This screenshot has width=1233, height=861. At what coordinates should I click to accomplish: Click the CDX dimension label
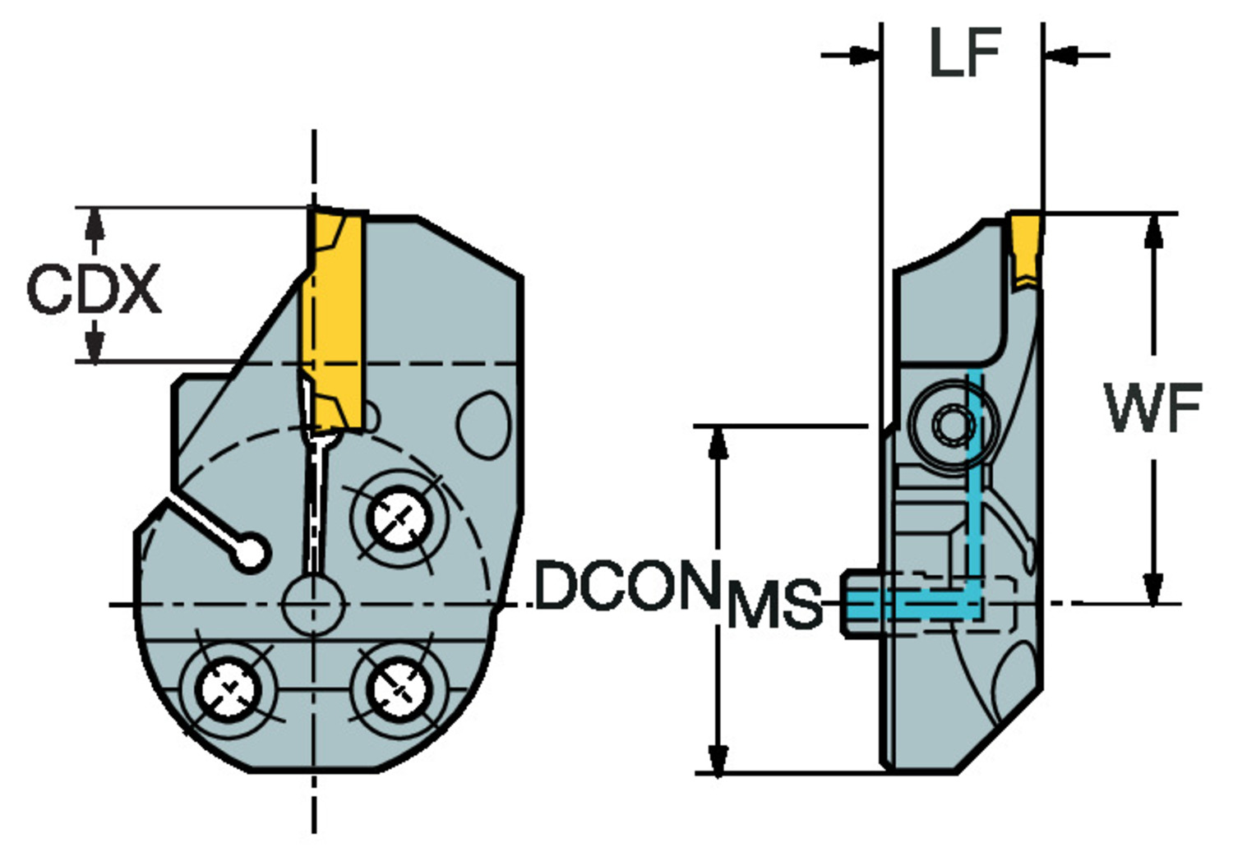tap(94, 288)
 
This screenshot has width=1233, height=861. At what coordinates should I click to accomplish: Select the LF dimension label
tap(964, 54)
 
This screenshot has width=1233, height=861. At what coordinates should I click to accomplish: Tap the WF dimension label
tap(1153, 408)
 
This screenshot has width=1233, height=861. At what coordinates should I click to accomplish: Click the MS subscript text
tap(774, 604)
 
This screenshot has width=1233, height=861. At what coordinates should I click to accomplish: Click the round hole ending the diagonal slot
tap(249, 553)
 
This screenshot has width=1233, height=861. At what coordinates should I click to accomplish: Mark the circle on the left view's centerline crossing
tap(312, 605)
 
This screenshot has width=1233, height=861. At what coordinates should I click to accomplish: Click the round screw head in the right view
tap(954, 426)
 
